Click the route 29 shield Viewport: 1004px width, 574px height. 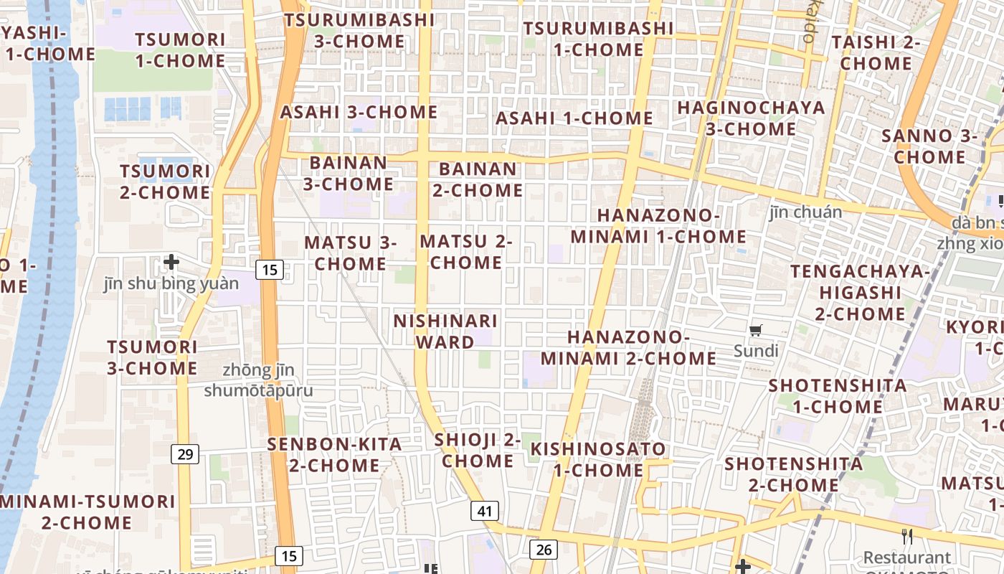point(186,453)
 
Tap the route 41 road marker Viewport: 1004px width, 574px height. point(485,511)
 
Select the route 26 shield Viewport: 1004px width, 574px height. point(544,550)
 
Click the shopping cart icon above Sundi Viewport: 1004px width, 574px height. point(756,331)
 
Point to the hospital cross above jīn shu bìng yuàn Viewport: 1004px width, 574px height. point(171,262)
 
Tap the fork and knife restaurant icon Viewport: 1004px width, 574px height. point(907,537)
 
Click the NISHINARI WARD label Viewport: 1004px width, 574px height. point(445,331)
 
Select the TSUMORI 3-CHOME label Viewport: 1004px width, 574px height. point(152,357)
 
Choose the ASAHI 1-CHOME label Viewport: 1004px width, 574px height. point(574,118)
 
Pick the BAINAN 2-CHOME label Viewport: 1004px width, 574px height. point(478,179)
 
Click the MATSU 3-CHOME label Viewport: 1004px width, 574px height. point(351,253)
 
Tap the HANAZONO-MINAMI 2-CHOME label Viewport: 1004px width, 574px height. point(628,347)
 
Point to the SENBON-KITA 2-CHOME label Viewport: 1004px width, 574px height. point(334,454)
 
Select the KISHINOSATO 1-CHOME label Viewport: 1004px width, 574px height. point(598,459)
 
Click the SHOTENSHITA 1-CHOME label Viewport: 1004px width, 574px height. point(838,395)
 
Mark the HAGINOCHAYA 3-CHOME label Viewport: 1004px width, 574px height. point(751,118)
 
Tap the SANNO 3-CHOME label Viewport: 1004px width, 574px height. point(930,146)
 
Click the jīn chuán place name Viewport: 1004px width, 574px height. point(805,212)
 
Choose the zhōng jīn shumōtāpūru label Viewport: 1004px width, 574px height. point(259,380)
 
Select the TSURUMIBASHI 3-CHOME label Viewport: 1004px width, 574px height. point(359,30)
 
